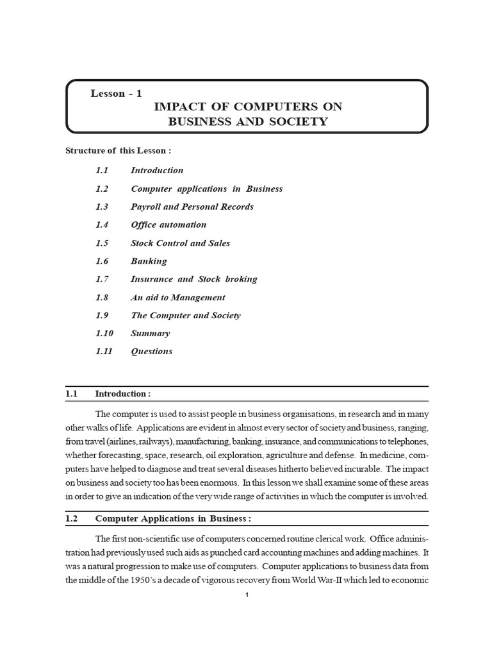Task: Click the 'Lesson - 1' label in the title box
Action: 117,94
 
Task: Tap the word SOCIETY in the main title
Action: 296,122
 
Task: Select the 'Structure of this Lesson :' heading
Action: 119,151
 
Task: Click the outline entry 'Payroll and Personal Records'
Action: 192,207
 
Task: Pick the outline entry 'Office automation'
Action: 168,225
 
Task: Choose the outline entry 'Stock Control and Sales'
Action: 180,243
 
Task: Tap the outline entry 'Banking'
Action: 149,261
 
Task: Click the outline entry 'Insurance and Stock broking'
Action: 193,279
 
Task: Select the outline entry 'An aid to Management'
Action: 177,298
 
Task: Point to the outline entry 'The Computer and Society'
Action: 185,316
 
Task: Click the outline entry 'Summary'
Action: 150,334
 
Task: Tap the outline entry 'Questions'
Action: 151,352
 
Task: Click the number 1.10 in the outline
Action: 104,334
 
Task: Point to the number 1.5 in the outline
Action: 102,243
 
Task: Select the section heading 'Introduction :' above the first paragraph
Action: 123,393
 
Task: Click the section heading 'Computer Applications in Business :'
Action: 173,518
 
